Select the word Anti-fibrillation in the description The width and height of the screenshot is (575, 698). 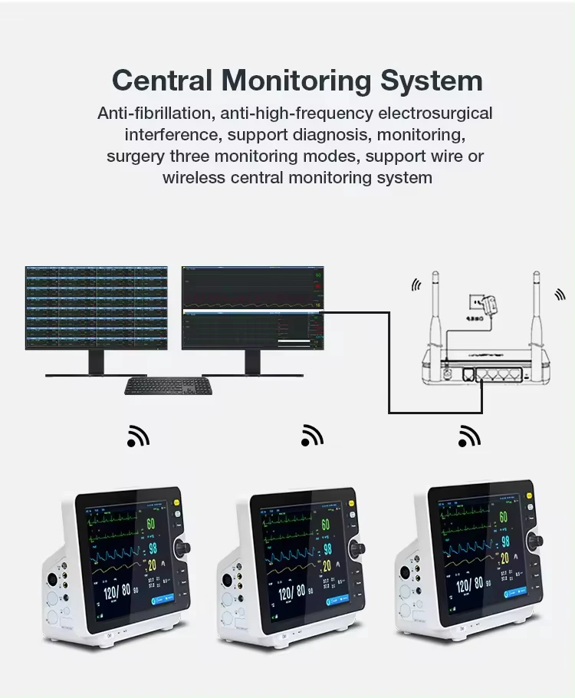[x=155, y=114]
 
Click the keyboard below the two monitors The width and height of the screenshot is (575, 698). [x=169, y=387]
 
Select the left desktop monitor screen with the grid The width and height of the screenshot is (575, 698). [x=97, y=308]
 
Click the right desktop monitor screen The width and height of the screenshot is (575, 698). [x=252, y=308]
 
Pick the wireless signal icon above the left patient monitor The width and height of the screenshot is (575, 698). [x=138, y=436]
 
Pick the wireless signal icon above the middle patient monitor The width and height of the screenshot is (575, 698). [x=312, y=436]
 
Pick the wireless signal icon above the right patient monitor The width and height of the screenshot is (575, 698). [x=469, y=436]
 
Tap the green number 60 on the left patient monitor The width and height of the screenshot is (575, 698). [x=151, y=525]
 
